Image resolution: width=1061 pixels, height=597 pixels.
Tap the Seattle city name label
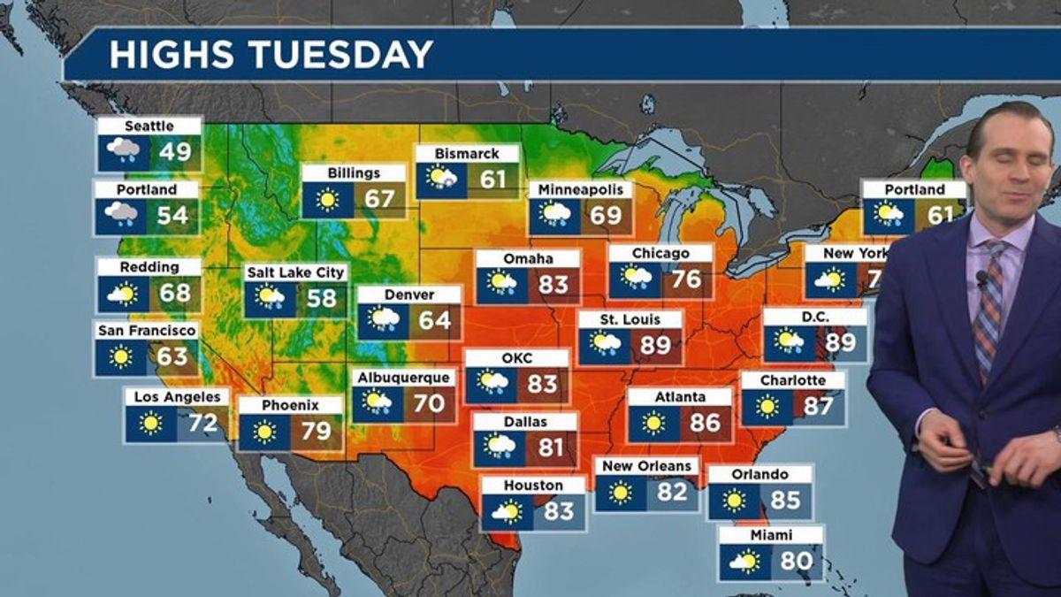coord(149,126)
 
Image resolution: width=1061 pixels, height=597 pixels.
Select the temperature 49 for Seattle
coord(175,151)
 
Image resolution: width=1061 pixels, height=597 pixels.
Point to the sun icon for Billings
coord(328,200)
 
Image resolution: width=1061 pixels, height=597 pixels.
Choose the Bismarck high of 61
coord(492,180)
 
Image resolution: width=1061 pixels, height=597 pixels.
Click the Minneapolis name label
coord(581,189)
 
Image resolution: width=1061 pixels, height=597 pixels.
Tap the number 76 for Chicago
coord(686,279)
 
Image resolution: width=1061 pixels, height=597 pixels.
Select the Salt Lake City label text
coord(296,272)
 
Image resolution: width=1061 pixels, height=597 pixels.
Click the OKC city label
coord(517,357)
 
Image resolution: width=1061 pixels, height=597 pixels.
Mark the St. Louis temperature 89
coord(655,344)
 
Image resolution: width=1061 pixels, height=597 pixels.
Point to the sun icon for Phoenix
coord(263,432)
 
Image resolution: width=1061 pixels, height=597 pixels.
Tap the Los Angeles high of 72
coord(202,423)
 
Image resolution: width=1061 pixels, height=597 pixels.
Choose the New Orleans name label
coord(646,466)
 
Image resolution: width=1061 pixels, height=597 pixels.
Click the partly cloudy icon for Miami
coord(744,561)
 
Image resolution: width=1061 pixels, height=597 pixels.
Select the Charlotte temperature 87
coord(818,406)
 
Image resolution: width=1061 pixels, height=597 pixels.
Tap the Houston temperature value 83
coord(559,511)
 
